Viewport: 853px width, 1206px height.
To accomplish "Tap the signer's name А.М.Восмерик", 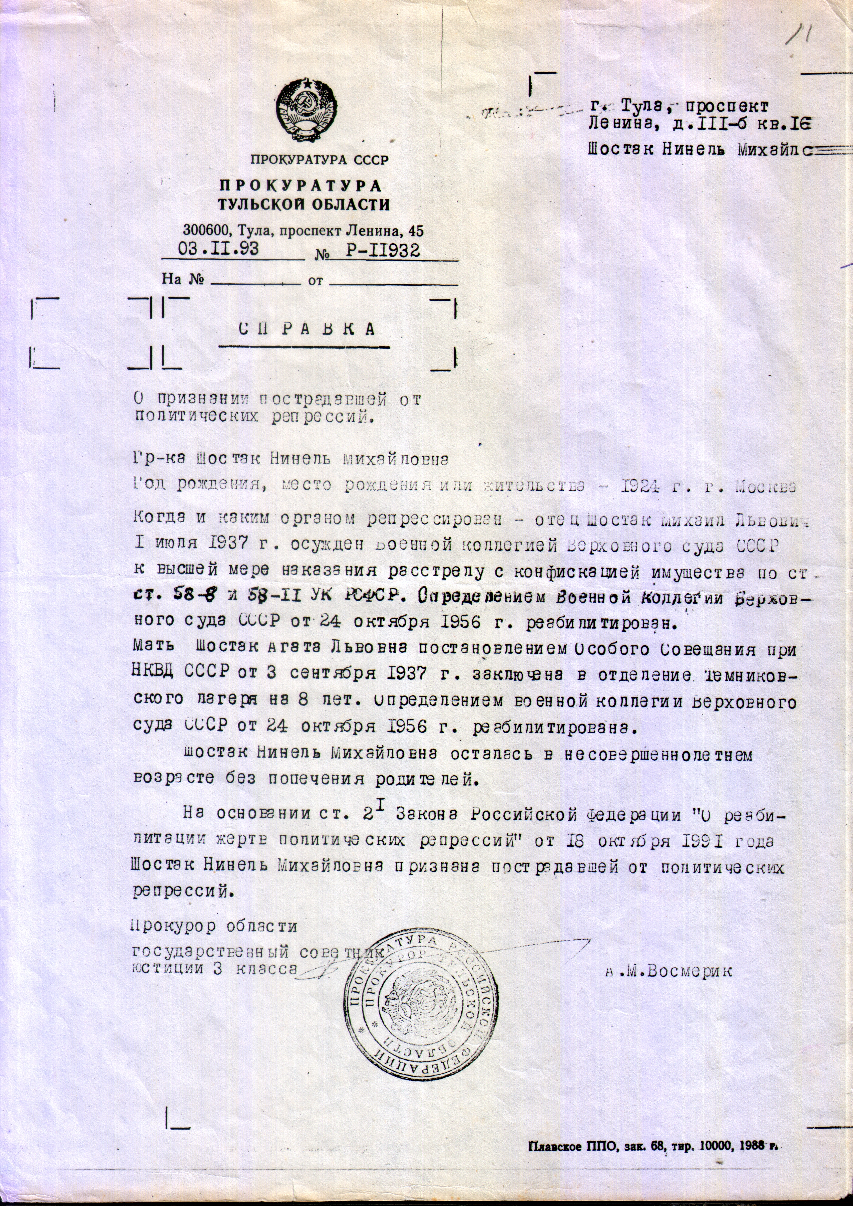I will point(667,971).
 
